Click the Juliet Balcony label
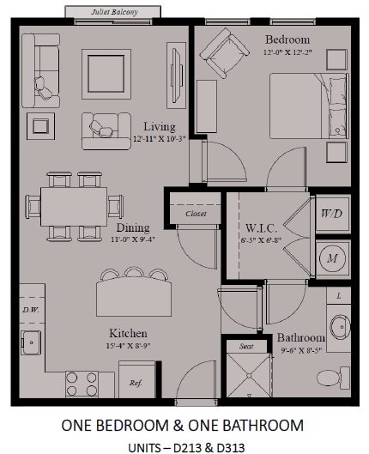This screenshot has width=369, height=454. (115, 12)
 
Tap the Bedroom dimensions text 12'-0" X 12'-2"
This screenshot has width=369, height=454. (287, 52)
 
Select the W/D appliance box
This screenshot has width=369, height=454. (332, 214)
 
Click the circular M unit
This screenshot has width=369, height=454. (332, 257)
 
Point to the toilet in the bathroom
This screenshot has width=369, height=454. (333, 377)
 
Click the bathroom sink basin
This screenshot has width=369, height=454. (340, 327)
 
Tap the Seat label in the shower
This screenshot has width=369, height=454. (246, 346)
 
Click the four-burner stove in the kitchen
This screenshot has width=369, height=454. (82, 384)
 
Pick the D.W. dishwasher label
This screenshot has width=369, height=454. (31, 310)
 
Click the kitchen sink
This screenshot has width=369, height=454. (31, 342)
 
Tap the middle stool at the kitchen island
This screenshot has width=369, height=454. (134, 272)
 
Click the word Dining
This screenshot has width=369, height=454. (133, 227)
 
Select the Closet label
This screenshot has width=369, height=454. (196, 214)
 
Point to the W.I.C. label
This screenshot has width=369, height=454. (262, 228)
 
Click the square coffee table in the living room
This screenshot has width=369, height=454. (106, 74)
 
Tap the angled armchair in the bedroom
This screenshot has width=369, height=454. (225, 53)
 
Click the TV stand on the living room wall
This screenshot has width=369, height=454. (176, 76)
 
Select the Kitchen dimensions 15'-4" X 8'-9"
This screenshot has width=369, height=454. (128, 346)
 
